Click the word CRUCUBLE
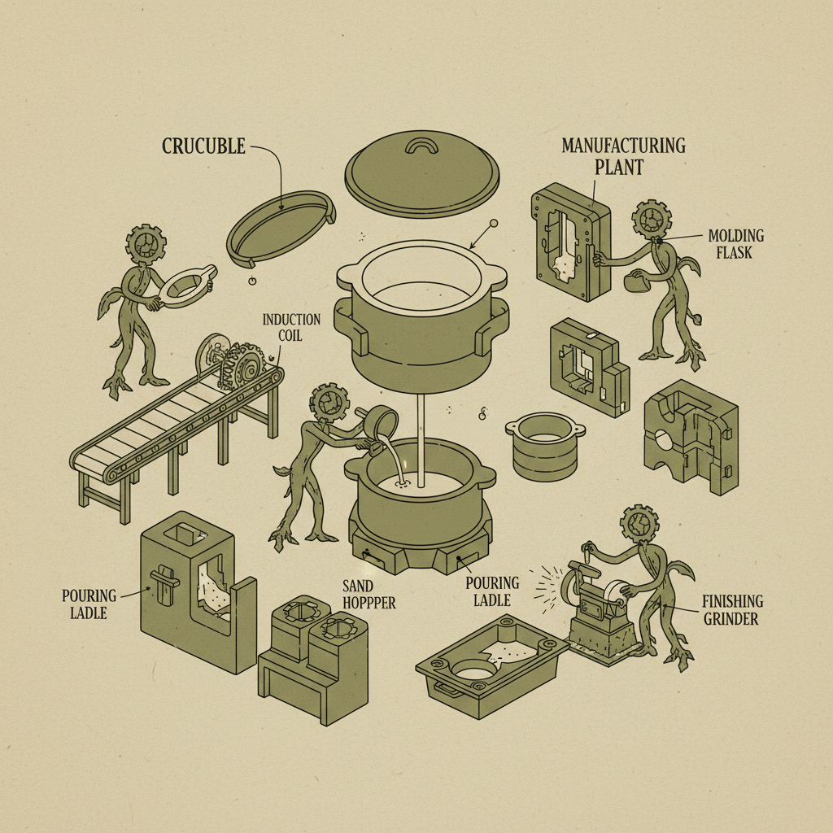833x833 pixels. (x=203, y=146)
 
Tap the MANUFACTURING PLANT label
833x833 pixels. (x=623, y=155)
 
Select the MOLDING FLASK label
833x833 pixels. (x=735, y=243)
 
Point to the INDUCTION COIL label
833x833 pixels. (x=290, y=327)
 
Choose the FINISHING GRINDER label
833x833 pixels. (x=733, y=610)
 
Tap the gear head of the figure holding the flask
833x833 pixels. (x=651, y=219)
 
